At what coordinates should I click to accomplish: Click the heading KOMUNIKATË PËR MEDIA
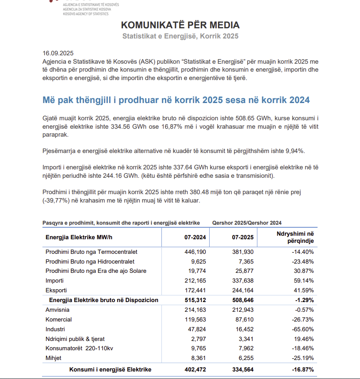coord(180,25)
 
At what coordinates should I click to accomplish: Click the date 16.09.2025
coord(58,52)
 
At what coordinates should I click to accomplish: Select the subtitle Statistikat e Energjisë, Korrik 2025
coord(180,36)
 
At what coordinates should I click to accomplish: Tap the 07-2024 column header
coord(195,237)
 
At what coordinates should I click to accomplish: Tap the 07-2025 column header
coord(243,237)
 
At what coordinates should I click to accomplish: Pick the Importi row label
coord(54,280)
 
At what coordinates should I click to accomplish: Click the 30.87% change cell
coord(303,271)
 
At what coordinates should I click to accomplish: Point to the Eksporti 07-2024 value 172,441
coord(195,290)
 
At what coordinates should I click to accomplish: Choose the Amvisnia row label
coord(57,310)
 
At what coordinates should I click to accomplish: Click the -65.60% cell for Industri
coord(303,329)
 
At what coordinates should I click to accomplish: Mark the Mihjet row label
coord(54,358)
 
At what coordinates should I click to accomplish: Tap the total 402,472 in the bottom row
coord(195,369)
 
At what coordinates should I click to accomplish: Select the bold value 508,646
coord(243,300)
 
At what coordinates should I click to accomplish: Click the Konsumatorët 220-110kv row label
coord(79,348)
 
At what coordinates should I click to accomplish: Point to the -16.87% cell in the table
coord(302,369)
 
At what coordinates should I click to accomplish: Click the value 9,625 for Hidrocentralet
coord(197,261)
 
